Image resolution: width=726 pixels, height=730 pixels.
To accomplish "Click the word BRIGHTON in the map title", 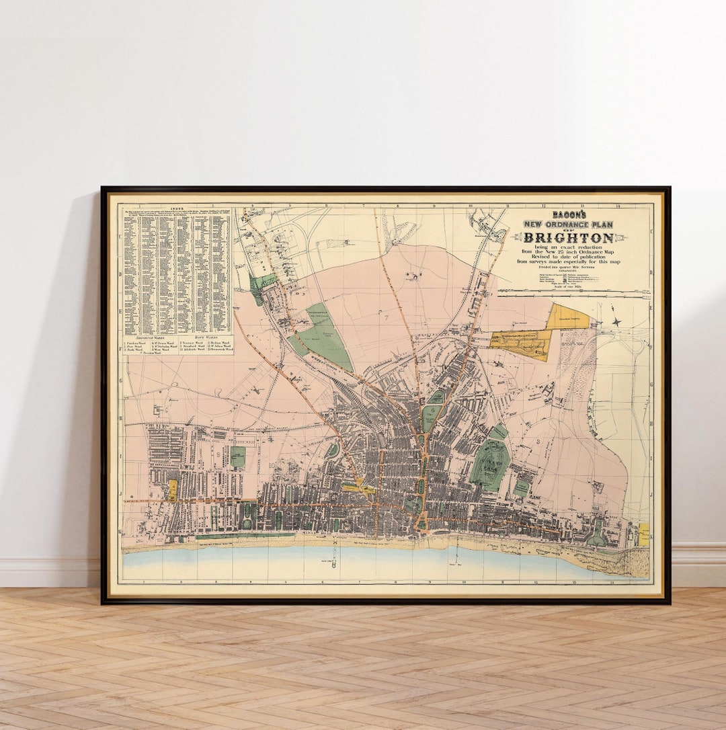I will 569,238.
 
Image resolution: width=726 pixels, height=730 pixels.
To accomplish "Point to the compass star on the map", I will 616,322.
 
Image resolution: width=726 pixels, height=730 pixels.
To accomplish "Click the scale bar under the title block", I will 574,293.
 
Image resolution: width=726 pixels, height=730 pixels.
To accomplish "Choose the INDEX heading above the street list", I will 177,209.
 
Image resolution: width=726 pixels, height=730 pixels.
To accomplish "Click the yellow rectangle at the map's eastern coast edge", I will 643,534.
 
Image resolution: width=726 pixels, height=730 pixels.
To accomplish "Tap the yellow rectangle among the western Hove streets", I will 173,490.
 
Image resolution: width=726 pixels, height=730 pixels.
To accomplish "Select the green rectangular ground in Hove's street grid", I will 237,457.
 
